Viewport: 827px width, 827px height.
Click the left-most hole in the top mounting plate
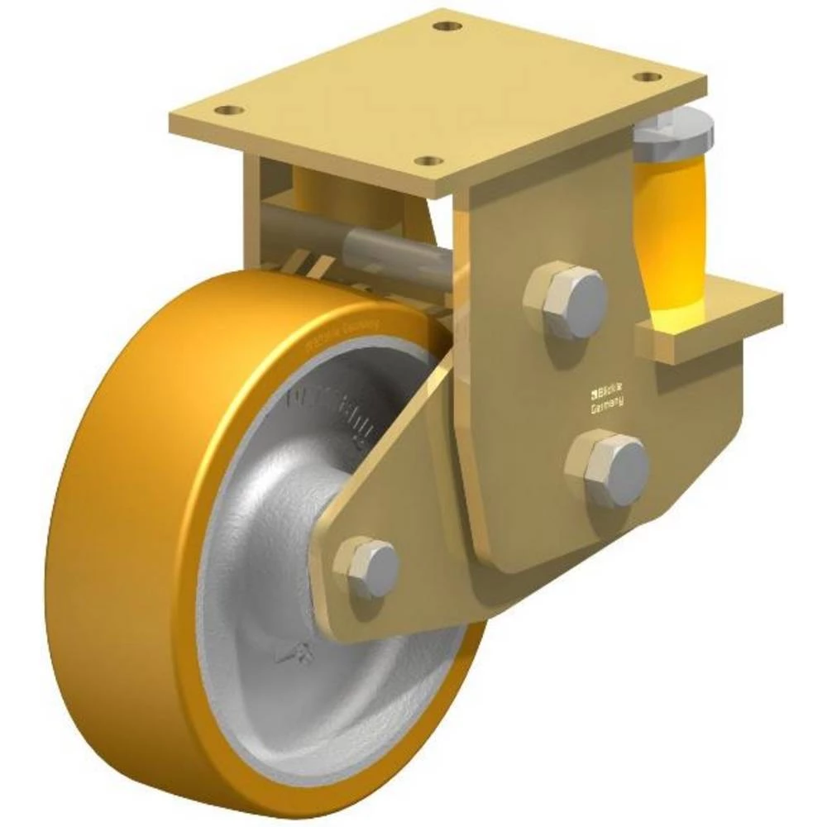pyautogui.click(x=229, y=110)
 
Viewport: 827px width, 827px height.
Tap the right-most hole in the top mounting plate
pyautogui.click(x=647, y=77)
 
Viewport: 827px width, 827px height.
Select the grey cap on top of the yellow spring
pyautogui.click(x=673, y=135)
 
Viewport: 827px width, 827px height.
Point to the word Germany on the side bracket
pyautogui.click(x=608, y=405)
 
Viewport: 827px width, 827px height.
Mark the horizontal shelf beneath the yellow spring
pyautogui.click(x=711, y=318)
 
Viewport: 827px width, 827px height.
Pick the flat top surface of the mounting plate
pyautogui.click(x=438, y=91)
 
